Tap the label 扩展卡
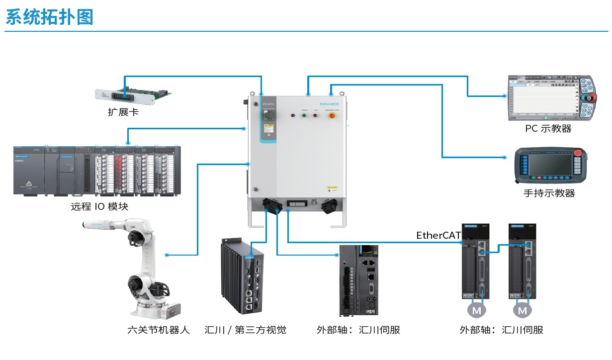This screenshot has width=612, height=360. click(123, 112)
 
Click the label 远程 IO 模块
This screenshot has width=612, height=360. click(99, 206)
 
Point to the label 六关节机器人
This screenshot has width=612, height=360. click(159, 330)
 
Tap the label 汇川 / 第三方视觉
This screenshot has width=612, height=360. click(246, 330)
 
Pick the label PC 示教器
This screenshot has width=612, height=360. click(548, 129)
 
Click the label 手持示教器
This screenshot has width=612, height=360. click(549, 193)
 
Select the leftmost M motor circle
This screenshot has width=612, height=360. click(477, 310)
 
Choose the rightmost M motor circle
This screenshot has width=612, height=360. click(523, 310)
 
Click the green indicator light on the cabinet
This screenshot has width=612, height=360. click(304, 115)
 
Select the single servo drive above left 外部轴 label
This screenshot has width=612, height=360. click(358, 280)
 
